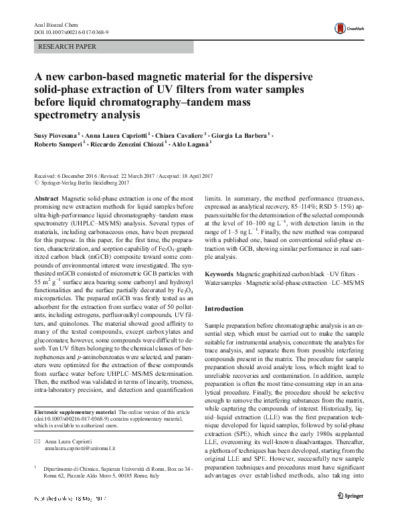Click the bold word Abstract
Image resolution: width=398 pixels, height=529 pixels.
[x=45, y=199]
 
